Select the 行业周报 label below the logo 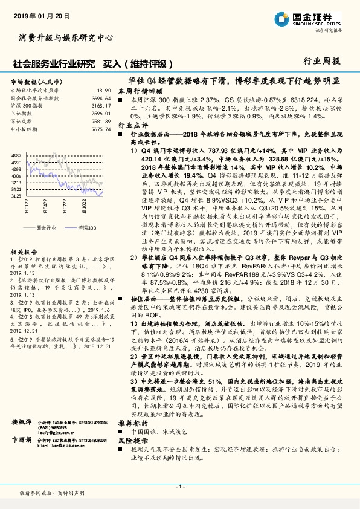pyautogui.click(x=324, y=61)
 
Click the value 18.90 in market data pyautogui.click(x=104, y=90)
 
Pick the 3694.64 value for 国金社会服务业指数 pyautogui.click(x=101, y=97)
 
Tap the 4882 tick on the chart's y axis pyautogui.click(x=16, y=155)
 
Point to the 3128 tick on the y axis pyautogui.click(x=16, y=196)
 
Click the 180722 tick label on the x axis pyautogui.click(x=63, y=208)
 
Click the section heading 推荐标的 pyautogui.click(x=132, y=424)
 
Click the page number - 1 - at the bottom pyautogui.click(x=179, y=487)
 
